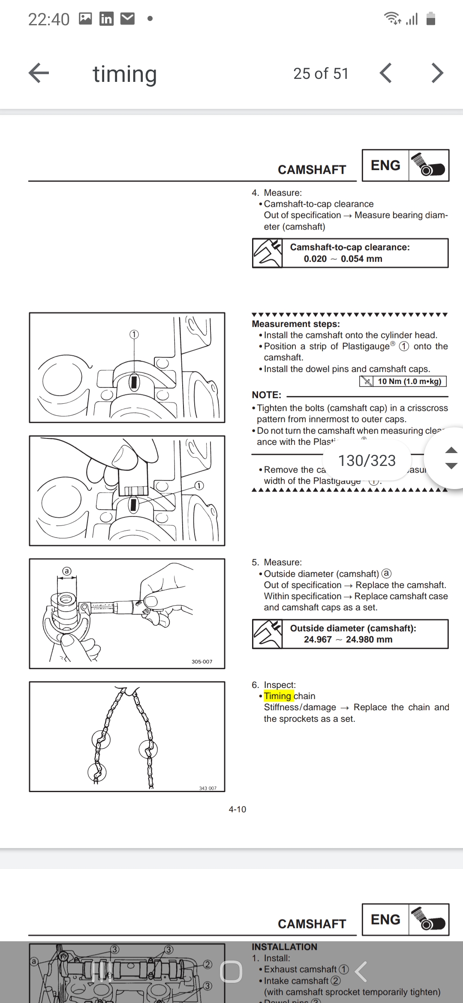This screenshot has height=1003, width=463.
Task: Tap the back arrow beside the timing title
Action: pyautogui.click(x=39, y=73)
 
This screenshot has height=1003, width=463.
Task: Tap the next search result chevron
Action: pyautogui.click(x=437, y=73)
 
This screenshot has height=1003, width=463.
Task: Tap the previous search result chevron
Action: pyautogui.click(x=386, y=73)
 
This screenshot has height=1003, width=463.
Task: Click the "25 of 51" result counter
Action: pyautogui.click(x=321, y=74)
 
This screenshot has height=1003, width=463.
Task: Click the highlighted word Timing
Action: pyautogui.click(x=278, y=696)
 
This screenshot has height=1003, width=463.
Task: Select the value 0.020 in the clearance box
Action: pyautogui.click(x=315, y=259)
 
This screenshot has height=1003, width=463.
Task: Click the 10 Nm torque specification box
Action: pyautogui.click(x=403, y=381)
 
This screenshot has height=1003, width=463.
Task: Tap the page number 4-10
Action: pyautogui.click(x=238, y=809)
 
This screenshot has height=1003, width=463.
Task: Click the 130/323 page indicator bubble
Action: pyautogui.click(x=367, y=460)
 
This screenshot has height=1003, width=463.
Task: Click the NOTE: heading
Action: pyautogui.click(x=267, y=395)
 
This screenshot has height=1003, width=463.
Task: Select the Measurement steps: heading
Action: pyautogui.click(x=296, y=324)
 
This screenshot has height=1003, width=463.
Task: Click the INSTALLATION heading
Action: pyautogui.click(x=285, y=947)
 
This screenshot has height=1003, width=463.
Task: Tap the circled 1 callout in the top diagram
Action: pyautogui.click(x=134, y=334)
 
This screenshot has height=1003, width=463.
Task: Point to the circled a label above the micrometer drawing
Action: pyautogui.click(x=66, y=571)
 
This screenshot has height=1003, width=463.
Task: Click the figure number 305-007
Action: pyautogui.click(x=202, y=661)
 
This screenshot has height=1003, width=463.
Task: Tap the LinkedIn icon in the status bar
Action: pyautogui.click(x=106, y=19)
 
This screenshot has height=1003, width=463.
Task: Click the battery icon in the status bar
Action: pyautogui.click(x=431, y=19)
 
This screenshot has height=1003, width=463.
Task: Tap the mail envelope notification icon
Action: pyautogui.click(x=128, y=19)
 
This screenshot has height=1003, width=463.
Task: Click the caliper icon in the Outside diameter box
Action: pyautogui.click(x=268, y=634)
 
